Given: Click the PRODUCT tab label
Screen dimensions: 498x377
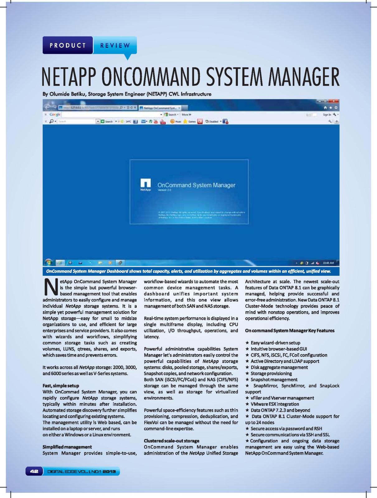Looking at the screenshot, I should coord(68,45).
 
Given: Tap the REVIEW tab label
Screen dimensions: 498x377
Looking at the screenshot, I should coord(115,45).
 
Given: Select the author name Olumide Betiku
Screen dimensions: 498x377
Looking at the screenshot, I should coord(65,94).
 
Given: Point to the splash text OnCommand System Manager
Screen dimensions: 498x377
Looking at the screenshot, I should coord(196,185).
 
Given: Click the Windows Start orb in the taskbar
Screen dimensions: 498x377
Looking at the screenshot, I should coord(48,262).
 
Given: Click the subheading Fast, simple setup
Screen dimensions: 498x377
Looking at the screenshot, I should coord(61,386).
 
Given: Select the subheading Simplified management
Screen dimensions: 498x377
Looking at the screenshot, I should coord(67,447).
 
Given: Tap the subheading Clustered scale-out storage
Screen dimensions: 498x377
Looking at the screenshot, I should coord(171,441).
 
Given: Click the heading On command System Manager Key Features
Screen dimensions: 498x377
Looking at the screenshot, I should coord(290,331).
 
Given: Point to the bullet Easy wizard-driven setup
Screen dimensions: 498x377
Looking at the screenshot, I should coord(275,343).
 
